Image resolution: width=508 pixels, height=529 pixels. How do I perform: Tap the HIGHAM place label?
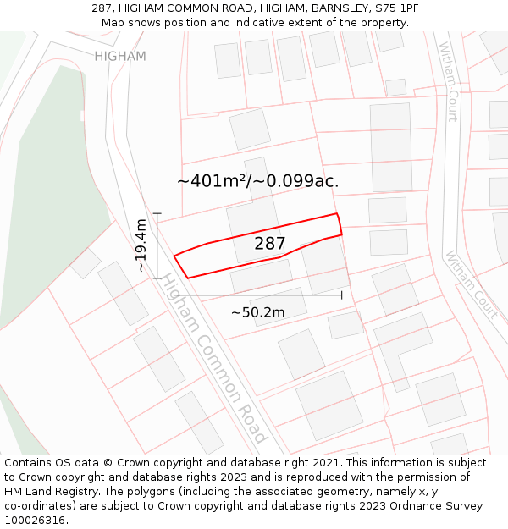coord(120,57)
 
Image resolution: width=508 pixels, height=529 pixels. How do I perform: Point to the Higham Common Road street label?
coord(216,359)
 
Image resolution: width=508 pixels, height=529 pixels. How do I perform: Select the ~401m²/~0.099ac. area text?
coord(257,181)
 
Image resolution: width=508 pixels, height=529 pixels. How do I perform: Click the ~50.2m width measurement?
coord(257,312)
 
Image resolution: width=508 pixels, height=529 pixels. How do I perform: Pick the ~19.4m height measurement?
coord(141,245)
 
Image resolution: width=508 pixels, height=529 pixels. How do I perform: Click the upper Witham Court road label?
coord(447,82)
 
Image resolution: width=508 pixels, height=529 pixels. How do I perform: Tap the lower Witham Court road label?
coord(471,284)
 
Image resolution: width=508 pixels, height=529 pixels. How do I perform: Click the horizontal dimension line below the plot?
coord(257,295)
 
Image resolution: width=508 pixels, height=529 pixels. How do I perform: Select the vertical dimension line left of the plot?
coord(157,245)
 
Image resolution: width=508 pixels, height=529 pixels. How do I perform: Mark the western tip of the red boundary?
coord(174,256)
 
